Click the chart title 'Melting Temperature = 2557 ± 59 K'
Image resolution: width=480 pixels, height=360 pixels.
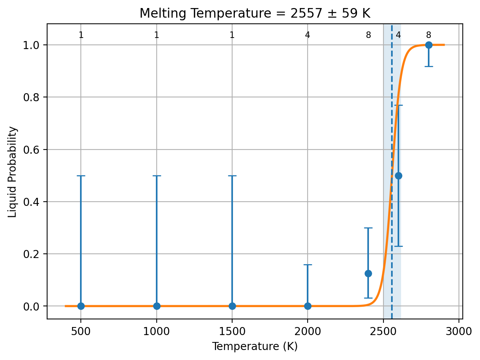click(255, 13)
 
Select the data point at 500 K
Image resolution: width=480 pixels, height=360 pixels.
click(81, 306)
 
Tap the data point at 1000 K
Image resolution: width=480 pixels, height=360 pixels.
click(157, 306)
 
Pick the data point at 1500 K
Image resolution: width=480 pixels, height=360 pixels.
click(232, 306)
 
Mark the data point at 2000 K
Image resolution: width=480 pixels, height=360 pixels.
click(308, 306)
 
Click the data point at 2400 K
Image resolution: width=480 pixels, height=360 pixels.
click(368, 273)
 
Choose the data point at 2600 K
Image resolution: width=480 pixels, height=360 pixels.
click(398, 176)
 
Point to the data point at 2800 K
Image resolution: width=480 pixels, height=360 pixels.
click(429, 45)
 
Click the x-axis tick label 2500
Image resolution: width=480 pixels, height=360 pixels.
click(383, 332)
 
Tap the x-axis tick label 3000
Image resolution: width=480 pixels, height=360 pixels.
click(459, 332)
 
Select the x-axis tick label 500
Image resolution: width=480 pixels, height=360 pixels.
click(81, 332)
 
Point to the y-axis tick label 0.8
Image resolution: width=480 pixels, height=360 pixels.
click(31, 97)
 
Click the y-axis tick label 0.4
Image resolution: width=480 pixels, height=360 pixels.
click(31, 202)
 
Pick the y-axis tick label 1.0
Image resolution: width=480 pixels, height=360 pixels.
click(31, 46)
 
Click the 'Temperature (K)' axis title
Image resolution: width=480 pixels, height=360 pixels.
click(255, 347)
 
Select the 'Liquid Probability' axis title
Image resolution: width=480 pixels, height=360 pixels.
click(12, 172)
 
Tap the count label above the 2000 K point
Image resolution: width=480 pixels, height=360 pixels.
click(308, 35)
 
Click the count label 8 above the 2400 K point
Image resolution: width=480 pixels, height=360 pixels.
click(368, 35)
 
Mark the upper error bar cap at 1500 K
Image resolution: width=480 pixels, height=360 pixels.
click(232, 176)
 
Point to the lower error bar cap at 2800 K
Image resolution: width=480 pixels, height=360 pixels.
click(429, 66)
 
